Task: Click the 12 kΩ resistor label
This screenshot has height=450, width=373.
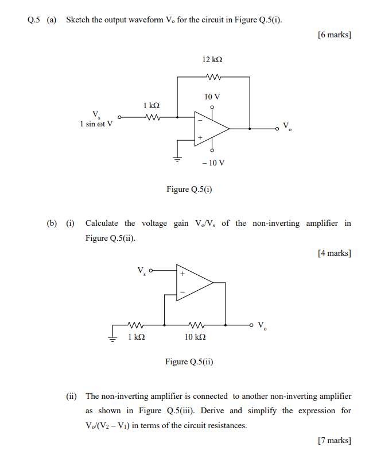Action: (x=212, y=60)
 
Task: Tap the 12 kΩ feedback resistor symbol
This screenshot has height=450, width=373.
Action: (x=212, y=76)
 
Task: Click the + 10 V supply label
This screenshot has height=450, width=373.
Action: (x=212, y=97)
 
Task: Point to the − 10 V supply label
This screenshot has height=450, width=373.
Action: (x=213, y=163)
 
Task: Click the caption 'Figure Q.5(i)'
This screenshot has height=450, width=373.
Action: (x=189, y=189)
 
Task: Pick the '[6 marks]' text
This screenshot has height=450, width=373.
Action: (x=334, y=35)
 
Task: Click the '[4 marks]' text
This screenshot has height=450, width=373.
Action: (x=334, y=253)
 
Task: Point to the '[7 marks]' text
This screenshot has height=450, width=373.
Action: (x=334, y=440)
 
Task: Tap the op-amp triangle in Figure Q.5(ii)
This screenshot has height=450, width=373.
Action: (x=194, y=283)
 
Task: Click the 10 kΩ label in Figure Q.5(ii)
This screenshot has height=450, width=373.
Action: (x=196, y=337)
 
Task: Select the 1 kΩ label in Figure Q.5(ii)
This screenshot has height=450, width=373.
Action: (x=136, y=337)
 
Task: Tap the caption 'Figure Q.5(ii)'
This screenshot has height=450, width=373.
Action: (x=189, y=361)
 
